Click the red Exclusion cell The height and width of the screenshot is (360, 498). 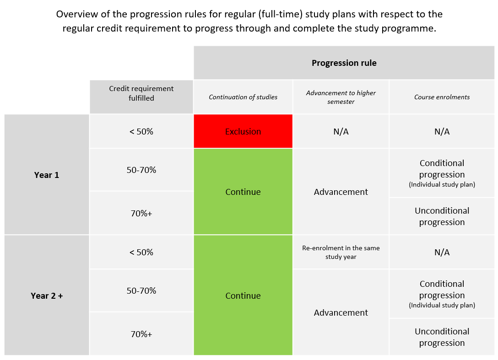(243, 132)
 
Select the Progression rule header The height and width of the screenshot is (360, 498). (344, 63)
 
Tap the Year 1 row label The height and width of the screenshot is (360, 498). (47, 175)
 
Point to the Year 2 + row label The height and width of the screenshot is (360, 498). (47, 296)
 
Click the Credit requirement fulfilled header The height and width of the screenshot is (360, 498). (141, 93)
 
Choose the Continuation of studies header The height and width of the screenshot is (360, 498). (243, 97)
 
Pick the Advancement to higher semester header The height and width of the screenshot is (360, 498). (341, 97)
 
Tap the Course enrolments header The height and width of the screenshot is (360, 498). (442, 97)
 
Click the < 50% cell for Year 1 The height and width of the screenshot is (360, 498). (141, 132)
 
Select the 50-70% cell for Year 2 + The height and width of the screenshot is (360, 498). (141, 291)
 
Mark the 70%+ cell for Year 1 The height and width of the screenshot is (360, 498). (141, 213)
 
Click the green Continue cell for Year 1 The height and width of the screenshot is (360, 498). (243, 192)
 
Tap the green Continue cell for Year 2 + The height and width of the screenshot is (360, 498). (243, 296)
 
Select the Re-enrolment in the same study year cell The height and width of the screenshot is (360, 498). (341, 252)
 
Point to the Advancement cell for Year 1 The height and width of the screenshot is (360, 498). (341, 192)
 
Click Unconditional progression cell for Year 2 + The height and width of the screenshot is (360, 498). (442, 337)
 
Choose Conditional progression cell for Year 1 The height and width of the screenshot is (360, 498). (442, 173)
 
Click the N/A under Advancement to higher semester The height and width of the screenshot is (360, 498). (341, 132)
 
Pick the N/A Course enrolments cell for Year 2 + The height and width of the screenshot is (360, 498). (442, 253)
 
